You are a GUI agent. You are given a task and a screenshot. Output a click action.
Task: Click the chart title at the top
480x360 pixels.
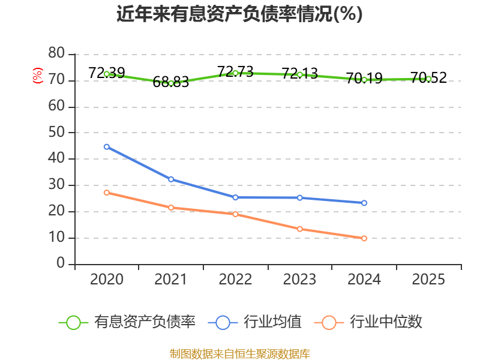click(239, 14)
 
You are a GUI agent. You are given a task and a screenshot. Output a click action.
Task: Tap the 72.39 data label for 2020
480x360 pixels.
click(107, 73)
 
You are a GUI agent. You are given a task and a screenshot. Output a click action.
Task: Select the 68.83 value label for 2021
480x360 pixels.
click(171, 82)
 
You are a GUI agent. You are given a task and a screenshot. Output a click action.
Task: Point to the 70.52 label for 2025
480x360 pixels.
click(428, 78)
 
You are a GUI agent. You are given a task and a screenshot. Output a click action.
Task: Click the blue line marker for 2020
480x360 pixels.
click(107, 147)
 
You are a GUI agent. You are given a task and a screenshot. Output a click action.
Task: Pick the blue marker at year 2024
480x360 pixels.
click(364, 203)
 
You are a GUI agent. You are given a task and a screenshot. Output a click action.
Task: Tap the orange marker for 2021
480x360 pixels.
click(171, 208)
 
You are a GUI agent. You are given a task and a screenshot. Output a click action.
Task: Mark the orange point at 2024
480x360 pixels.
click(364, 238)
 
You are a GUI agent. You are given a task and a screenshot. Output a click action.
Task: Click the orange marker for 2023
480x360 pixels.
click(299, 229)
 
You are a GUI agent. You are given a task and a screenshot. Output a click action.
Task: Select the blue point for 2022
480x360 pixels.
click(235, 197)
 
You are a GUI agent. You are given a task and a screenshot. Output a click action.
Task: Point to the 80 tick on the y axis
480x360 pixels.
click(56, 53)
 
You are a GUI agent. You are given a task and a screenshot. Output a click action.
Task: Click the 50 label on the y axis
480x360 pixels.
click(56, 132)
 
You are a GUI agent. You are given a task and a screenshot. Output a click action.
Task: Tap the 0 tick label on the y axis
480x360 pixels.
click(61, 263)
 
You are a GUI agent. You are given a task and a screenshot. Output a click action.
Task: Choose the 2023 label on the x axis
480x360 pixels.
click(299, 280)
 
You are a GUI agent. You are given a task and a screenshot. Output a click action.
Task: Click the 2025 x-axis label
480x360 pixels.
click(428, 280)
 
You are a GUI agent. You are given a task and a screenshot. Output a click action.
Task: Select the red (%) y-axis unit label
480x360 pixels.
click(38, 76)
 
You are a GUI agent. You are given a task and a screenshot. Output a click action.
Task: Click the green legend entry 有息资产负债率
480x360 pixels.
click(127, 322)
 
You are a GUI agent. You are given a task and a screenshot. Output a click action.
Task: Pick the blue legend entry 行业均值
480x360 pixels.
click(254, 322)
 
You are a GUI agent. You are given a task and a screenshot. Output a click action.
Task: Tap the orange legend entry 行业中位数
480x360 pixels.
click(368, 322)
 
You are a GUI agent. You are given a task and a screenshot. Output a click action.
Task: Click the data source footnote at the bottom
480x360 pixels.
click(239, 354)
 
